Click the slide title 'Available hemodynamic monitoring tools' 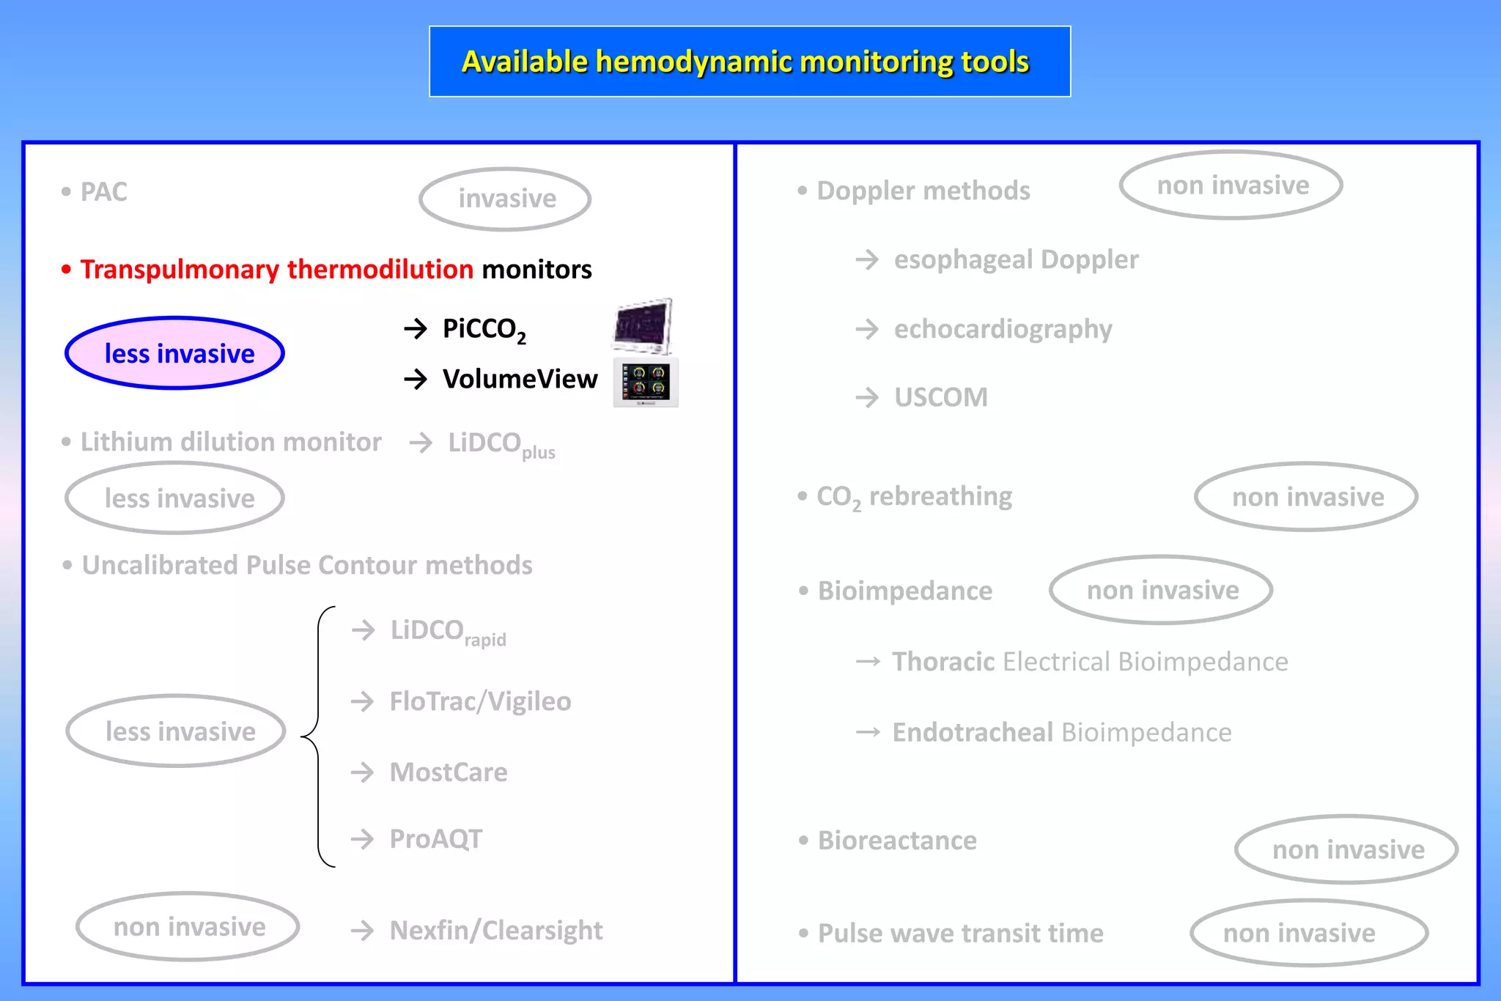coord(745,62)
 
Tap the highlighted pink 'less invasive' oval coord(175,353)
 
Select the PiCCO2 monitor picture coord(643,325)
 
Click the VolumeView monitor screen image coord(646,382)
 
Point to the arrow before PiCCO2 coord(416,328)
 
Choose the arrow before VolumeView coord(416,379)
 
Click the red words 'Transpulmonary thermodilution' coord(277,269)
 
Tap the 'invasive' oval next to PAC coord(505,199)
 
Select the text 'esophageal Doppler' coord(1016,259)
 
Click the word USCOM coord(940,397)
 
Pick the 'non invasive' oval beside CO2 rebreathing coord(1307,497)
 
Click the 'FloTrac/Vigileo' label coord(480,701)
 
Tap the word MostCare coord(449,772)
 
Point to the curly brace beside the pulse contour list coord(318,736)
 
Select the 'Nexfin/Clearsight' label coord(496,931)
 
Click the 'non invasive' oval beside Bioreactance coord(1347,849)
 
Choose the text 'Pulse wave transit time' coord(960,934)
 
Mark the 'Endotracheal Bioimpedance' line coord(1061,732)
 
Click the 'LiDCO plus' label coord(501,444)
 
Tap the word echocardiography coord(1003,329)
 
